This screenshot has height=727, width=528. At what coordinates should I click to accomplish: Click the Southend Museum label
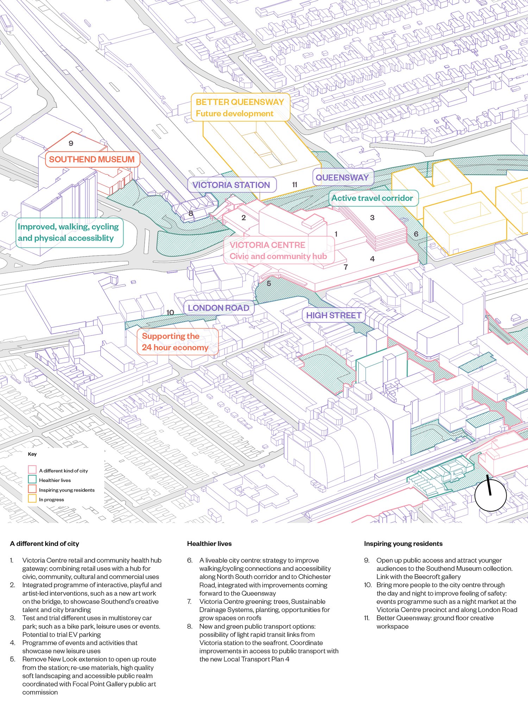pyautogui.click(x=92, y=160)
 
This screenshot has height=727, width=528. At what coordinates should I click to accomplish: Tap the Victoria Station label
pyautogui.click(x=231, y=185)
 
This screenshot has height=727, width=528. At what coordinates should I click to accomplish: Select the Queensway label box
pyautogui.click(x=342, y=178)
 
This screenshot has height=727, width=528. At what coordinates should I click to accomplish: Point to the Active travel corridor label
pyautogui.click(x=373, y=198)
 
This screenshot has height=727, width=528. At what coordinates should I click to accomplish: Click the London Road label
pyautogui.click(x=219, y=308)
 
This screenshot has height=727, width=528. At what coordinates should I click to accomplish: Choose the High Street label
pyautogui.click(x=334, y=315)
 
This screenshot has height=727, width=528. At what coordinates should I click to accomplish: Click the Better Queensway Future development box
pyautogui.click(x=240, y=107)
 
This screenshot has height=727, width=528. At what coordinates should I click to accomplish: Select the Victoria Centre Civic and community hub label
pyautogui.click(x=278, y=251)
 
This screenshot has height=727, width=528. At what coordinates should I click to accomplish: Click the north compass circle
pyautogui.click(x=490, y=495)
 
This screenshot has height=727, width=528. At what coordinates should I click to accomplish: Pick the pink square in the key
pyautogui.click(x=32, y=470)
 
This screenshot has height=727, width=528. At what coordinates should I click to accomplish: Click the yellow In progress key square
pyautogui.click(x=32, y=499)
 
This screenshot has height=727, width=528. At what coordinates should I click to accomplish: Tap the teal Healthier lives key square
pyautogui.click(x=32, y=479)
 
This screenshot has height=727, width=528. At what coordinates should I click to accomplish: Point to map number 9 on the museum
pyautogui.click(x=71, y=143)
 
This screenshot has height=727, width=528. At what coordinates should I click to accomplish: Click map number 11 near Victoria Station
pyautogui.click(x=295, y=185)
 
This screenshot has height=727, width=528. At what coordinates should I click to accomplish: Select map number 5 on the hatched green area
pyautogui.click(x=269, y=283)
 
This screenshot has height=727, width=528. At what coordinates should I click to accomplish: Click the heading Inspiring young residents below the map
pyautogui.click(x=403, y=544)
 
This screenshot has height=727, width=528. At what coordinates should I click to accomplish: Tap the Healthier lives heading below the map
pyautogui.click(x=209, y=544)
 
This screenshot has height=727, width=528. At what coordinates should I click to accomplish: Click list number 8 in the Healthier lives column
pyautogui.click(x=190, y=626)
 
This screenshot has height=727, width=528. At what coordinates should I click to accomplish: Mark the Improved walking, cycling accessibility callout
pyautogui.click(x=69, y=233)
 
